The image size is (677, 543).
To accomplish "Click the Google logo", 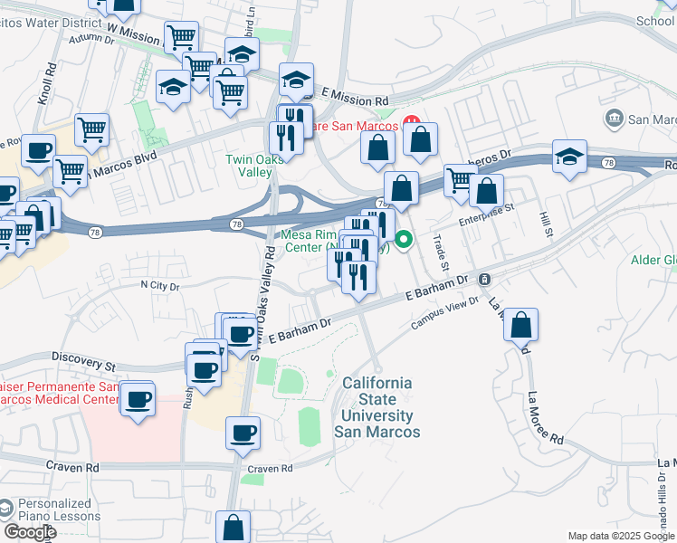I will click(x=31, y=532).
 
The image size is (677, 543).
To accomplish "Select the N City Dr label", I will click(x=160, y=285).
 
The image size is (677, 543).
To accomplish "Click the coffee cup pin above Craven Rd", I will click(x=242, y=433).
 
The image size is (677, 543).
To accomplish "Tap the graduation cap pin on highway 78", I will click(x=569, y=157).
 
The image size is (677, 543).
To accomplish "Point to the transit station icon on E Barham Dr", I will click(x=484, y=279).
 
